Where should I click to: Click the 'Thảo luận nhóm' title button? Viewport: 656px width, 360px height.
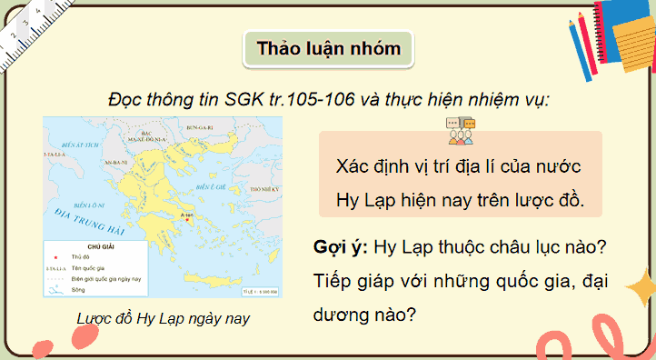coord(328,46)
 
